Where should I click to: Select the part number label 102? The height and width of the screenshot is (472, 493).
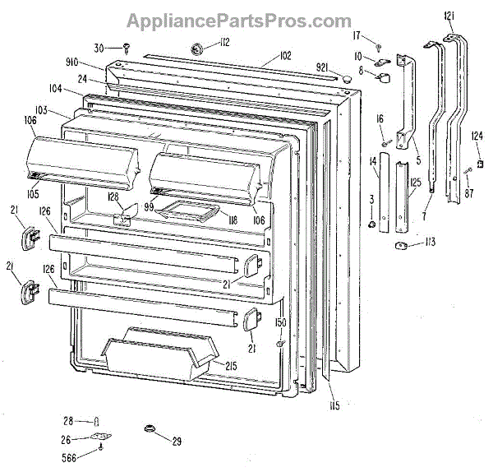pos(285,56)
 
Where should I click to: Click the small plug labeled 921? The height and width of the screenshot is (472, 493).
pos(348,76)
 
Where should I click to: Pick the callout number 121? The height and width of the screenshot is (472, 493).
pos(449,16)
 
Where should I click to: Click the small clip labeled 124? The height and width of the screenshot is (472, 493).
pos(478,150)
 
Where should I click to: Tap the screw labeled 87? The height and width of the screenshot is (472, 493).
pos(467,170)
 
